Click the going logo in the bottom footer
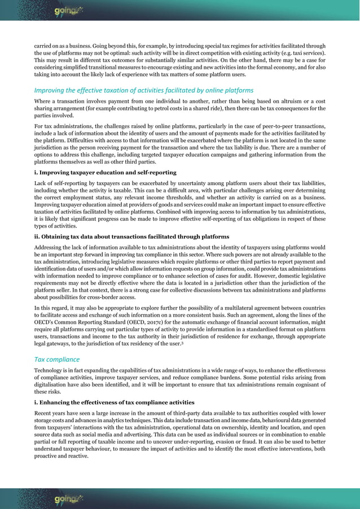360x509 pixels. coord(67,499)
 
